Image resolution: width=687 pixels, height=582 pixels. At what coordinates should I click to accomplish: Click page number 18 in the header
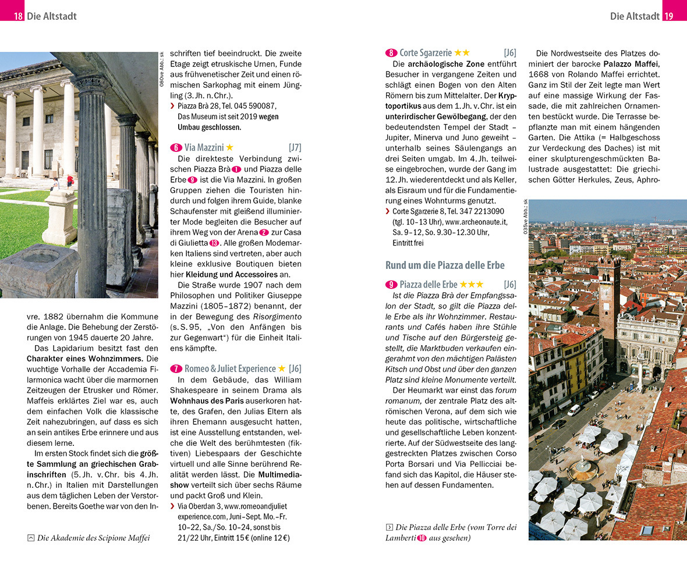coord(19,16)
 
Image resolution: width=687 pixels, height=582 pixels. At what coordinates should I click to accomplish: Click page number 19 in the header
coord(668,16)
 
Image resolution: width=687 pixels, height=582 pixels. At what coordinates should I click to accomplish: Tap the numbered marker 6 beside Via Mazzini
coord(176,148)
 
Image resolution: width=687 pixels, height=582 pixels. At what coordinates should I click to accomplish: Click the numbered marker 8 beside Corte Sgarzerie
coord(391,53)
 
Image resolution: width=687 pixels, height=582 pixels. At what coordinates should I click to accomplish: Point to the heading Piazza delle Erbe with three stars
coord(429,285)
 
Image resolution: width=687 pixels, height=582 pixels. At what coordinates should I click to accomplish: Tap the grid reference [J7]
coord(295,148)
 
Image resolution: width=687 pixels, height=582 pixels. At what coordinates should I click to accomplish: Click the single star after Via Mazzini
coord(229,148)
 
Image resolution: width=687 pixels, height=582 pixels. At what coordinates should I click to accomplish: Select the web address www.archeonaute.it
coord(476,222)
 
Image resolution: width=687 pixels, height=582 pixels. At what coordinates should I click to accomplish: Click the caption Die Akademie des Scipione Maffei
coord(93,538)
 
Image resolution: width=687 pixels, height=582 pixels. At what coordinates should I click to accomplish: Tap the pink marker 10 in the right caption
coord(422,538)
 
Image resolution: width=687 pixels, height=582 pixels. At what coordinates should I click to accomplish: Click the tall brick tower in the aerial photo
coord(608,303)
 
